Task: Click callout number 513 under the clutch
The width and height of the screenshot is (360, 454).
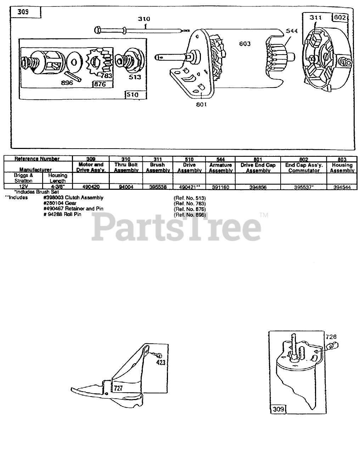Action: [x=135, y=77]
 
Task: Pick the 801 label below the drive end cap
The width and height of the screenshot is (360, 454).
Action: [x=201, y=105]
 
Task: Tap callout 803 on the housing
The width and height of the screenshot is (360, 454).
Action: [x=244, y=44]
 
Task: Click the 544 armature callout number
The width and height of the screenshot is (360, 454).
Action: [x=292, y=31]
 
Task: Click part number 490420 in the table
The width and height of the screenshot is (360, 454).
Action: [x=90, y=187]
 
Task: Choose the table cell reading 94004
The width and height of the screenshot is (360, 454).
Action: [x=126, y=187]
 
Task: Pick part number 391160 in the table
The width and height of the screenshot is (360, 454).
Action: [x=220, y=187]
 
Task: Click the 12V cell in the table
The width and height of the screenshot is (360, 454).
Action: [x=23, y=187]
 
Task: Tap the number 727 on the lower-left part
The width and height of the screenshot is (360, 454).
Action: [x=118, y=388]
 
